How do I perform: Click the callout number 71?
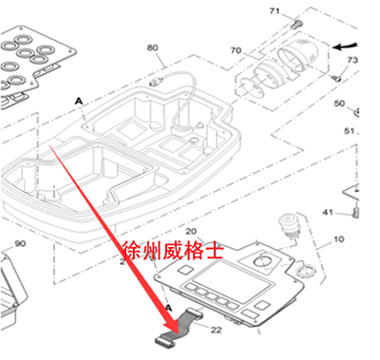coord(275,10)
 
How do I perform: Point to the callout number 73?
coord(352,60)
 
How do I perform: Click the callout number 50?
coord(339,103)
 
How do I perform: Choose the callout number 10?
coord(338,242)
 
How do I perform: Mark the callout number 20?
coord(190,232)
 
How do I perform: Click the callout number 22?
coord(215,330)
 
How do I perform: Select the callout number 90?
coord(20,244)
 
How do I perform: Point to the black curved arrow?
coord(350,44)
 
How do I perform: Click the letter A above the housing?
coord(78,99)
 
